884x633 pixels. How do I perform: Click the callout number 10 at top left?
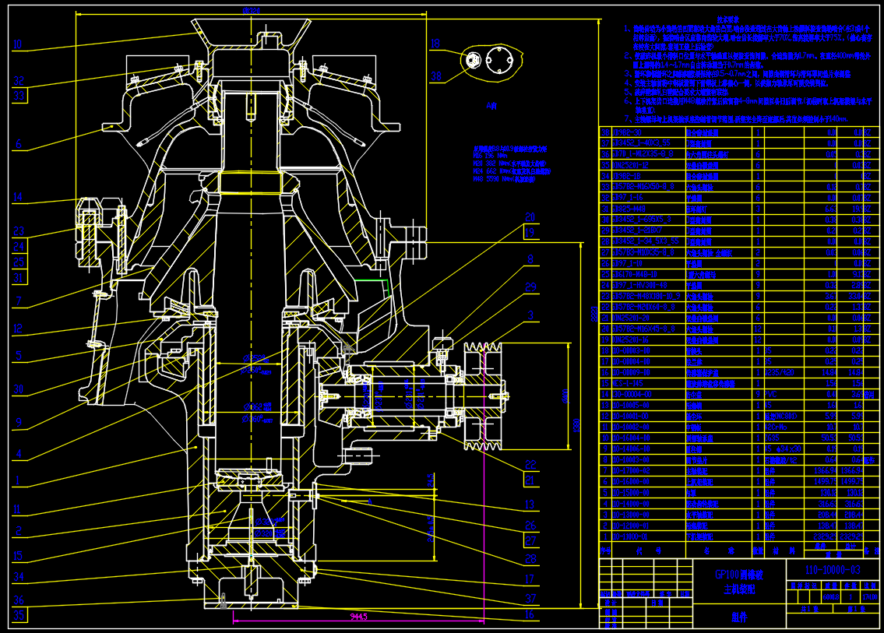coord(18,44)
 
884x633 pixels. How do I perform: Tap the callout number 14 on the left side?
coord(18,197)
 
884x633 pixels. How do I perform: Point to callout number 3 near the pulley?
coord(530,315)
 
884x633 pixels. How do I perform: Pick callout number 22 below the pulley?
coord(530,465)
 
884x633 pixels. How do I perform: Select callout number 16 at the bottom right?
coord(530,615)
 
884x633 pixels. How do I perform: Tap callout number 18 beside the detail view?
coord(435,44)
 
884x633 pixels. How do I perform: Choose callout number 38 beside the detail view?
coord(435,76)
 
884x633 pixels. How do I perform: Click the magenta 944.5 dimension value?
coord(359,616)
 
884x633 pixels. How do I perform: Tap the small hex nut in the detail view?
coord(472,60)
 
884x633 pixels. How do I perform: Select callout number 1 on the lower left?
coord(17,480)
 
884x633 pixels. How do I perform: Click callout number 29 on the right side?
coord(530,287)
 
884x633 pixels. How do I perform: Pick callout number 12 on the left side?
coord(18,328)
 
